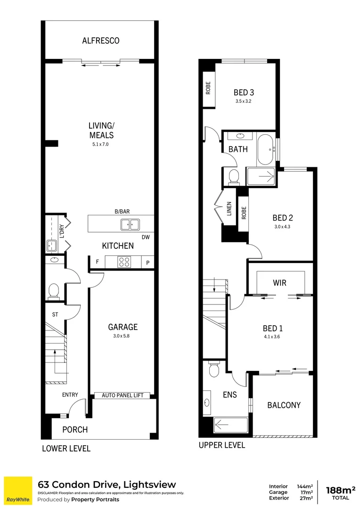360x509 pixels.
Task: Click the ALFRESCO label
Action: pyautogui.click(x=100, y=41)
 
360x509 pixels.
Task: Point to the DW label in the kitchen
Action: pyautogui.click(x=146, y=238)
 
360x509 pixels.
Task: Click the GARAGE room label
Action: pyautogui.click(x=123, y=327)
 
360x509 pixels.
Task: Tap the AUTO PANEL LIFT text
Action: pyautogui.click(x=125, y=395)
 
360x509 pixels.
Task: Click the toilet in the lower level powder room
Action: pyautogui.click(x=53, y=291)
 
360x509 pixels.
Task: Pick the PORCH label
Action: pyautogui.click(x=75, y=429)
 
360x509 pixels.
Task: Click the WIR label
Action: pyautogui.click(x=279, y=283)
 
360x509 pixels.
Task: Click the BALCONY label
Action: pyautogui.click(x=284, y=405)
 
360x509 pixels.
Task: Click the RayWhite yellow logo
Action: pyautogui.click(x=18, y=490)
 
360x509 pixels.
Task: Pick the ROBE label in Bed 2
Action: pyautogui.click(x=244, y=214)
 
